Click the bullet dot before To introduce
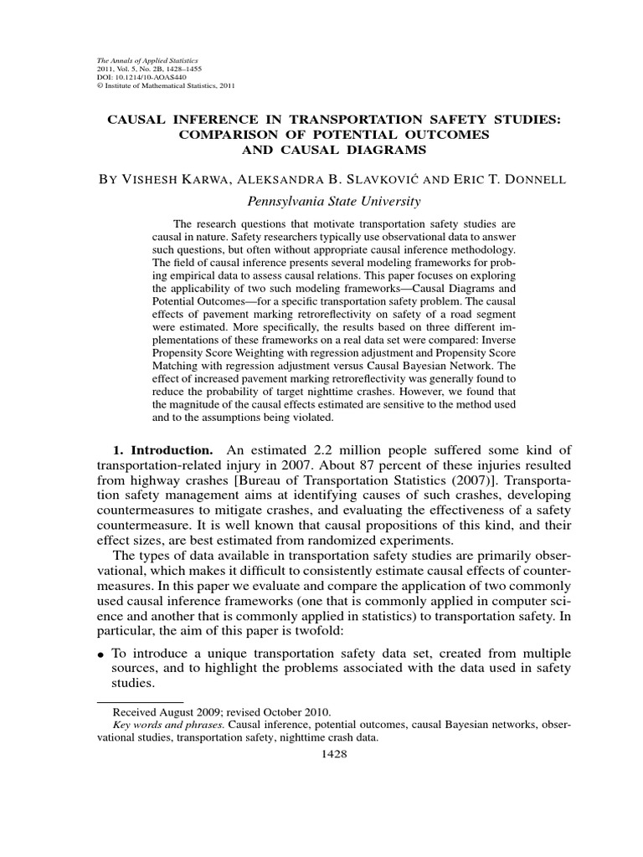(x=101, y=652)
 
